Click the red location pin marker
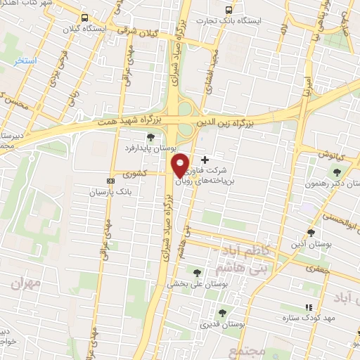[x=180, y=165]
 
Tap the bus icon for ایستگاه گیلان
[x=85, y=18]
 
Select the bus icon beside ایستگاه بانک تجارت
[x=228, y=11]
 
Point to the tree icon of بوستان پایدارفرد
[x=150, y=137]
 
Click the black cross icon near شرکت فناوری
[x=205, y=160]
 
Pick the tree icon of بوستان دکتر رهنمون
[x=337, y=172]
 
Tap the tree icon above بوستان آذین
[x=311, y=232]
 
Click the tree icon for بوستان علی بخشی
[x=197, y=273]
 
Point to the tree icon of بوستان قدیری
[x=222, y=313]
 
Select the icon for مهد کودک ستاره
[x=308, y=307]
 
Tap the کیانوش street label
[x=327, y=153]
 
